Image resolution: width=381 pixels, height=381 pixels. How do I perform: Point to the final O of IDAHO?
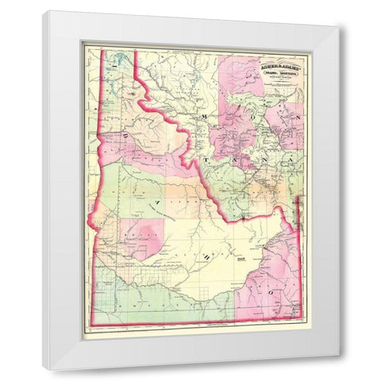272,294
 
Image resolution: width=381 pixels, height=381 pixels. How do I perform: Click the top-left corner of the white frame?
44,11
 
